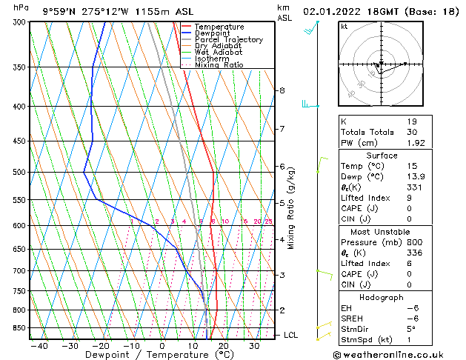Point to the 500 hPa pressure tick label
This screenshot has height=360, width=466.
pyautogui.click(x=21, y=173)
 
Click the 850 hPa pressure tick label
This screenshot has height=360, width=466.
pyautogui.click(x=21, y=328)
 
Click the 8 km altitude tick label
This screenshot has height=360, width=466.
pyautogui.click(x=282, y=90)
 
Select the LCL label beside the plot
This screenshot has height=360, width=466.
pyautogui.click(x=291, y=336)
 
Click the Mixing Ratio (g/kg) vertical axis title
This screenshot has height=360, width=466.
pyautogui.click(x=292, y=208)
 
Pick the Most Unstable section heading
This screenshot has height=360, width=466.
pyautogui.click(x=382, y=232)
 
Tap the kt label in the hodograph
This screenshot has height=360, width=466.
pyautogui.click(x=344, y=27)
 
